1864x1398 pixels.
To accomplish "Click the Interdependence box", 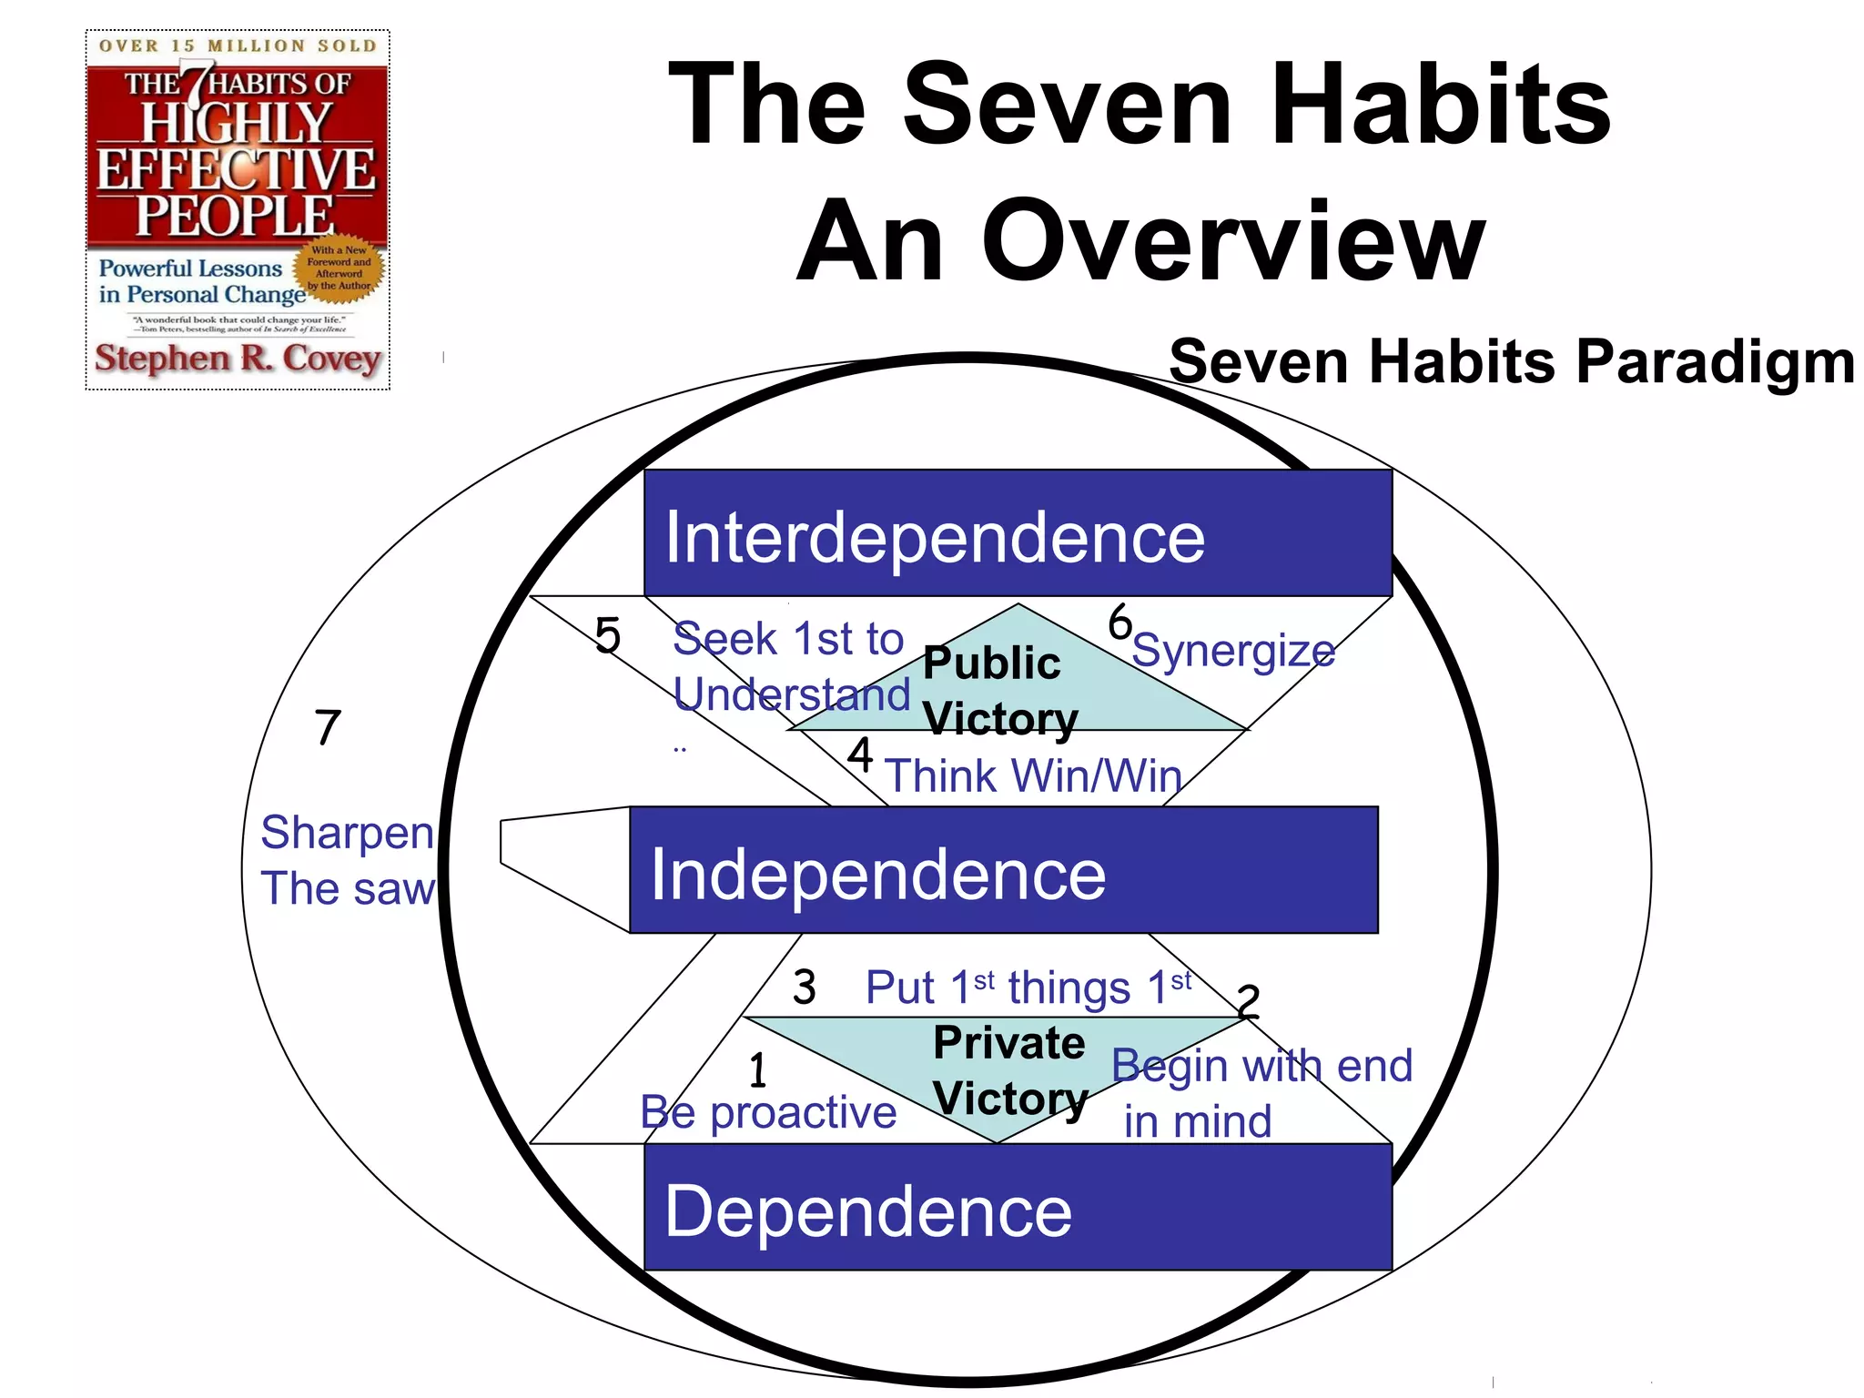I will pyautogui.click(x=1018, y=533).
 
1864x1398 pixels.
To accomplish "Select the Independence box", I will pyautogui.click(x=1004, y=870).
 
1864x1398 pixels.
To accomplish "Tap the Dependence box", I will pyautogui.click(x=1018, y=1207).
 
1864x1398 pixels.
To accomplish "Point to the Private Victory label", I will pyautogui.click(x=1009, y=1070).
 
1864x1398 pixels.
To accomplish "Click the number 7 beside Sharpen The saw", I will pyautogui.click(x=328, y=728).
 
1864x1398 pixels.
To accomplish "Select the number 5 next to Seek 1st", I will pyautogui.click(x=607, y=635).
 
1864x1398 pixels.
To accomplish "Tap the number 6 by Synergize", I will pyautogui.click(x=1119, y=623).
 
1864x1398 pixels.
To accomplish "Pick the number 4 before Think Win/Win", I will pyautogui.click(x=860, y=755).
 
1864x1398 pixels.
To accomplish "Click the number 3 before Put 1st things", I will pyautogui.click(x=804, y=988).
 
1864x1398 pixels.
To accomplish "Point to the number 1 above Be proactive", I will pyautogui.click(x=757, y=1070).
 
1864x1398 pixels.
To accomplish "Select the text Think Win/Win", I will pyautogui.click(x=1033, y=777).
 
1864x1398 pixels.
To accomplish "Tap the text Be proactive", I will pyautogui.click(x=768, y=1113).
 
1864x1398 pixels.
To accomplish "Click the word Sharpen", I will pyautogui.click(x=347, y=833).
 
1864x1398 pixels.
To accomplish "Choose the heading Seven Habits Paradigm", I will pyautogui.click(x=1511, y=362).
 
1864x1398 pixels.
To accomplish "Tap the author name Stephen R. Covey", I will pyautogui.click(x=238, y=359).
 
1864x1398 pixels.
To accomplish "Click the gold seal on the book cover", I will pyautogui.click(x=339, y=268).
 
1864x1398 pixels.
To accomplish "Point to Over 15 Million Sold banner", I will pyautogui.click(x=238, y=46).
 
